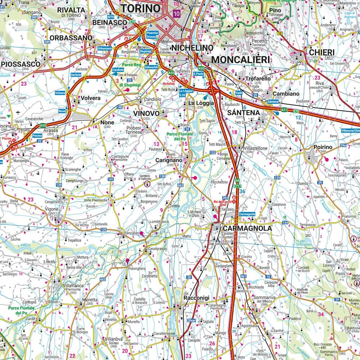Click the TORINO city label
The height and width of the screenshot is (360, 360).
(x=140, y=8)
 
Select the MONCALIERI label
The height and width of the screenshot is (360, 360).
(x=240, y=59)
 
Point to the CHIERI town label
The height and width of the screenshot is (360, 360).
(x=321, y=53)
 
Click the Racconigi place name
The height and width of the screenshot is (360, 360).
(x=196, y=298)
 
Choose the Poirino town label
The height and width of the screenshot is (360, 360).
(x=322, y=147)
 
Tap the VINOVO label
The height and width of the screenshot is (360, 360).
(x=146, y=113)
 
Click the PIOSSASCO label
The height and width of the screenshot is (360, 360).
(x=21, y=63)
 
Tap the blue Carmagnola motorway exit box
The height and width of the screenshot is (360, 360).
(x=247, y=214)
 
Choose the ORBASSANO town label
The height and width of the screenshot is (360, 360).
(x=71, y=37)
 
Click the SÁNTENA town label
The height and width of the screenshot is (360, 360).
(x=243, y=113)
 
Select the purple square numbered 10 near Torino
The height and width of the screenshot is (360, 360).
(x=176, y=14)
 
